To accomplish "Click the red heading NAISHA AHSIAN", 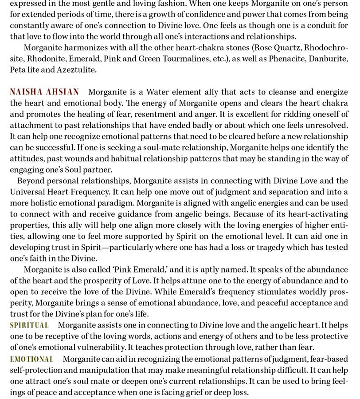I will point(44,92).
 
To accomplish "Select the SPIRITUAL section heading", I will point(29,325).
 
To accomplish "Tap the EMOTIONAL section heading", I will point(32,359).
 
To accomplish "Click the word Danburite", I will point(327,59).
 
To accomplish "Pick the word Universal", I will point(27,192).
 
